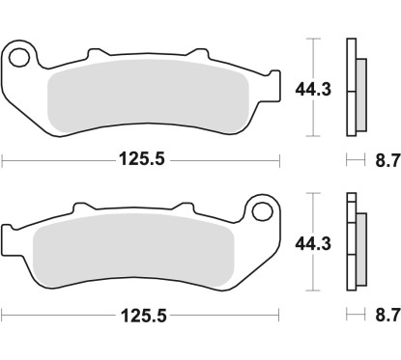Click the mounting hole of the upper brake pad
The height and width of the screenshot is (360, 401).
18,56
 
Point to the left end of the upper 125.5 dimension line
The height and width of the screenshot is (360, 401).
3,158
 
